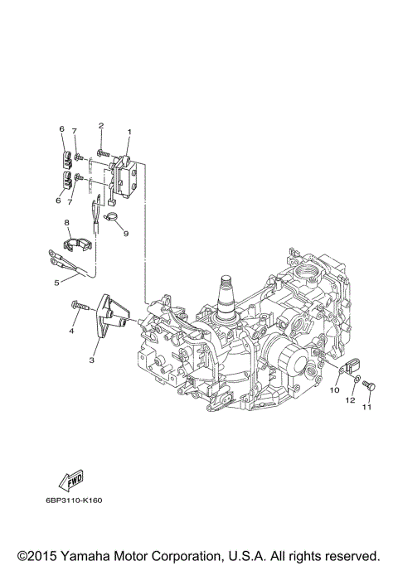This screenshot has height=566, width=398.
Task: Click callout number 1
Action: [x=129, y=132]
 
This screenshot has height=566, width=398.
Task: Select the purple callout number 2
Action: [x=101, y=125]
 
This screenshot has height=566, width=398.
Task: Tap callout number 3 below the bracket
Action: [x=92, y=360]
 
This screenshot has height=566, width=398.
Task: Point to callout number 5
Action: [x=56, y=282]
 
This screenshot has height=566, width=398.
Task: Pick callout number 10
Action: [x=335, y=389]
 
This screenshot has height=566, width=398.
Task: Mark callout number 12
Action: [x=350, y=400]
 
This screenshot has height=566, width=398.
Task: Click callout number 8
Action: [x=66, y=223]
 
